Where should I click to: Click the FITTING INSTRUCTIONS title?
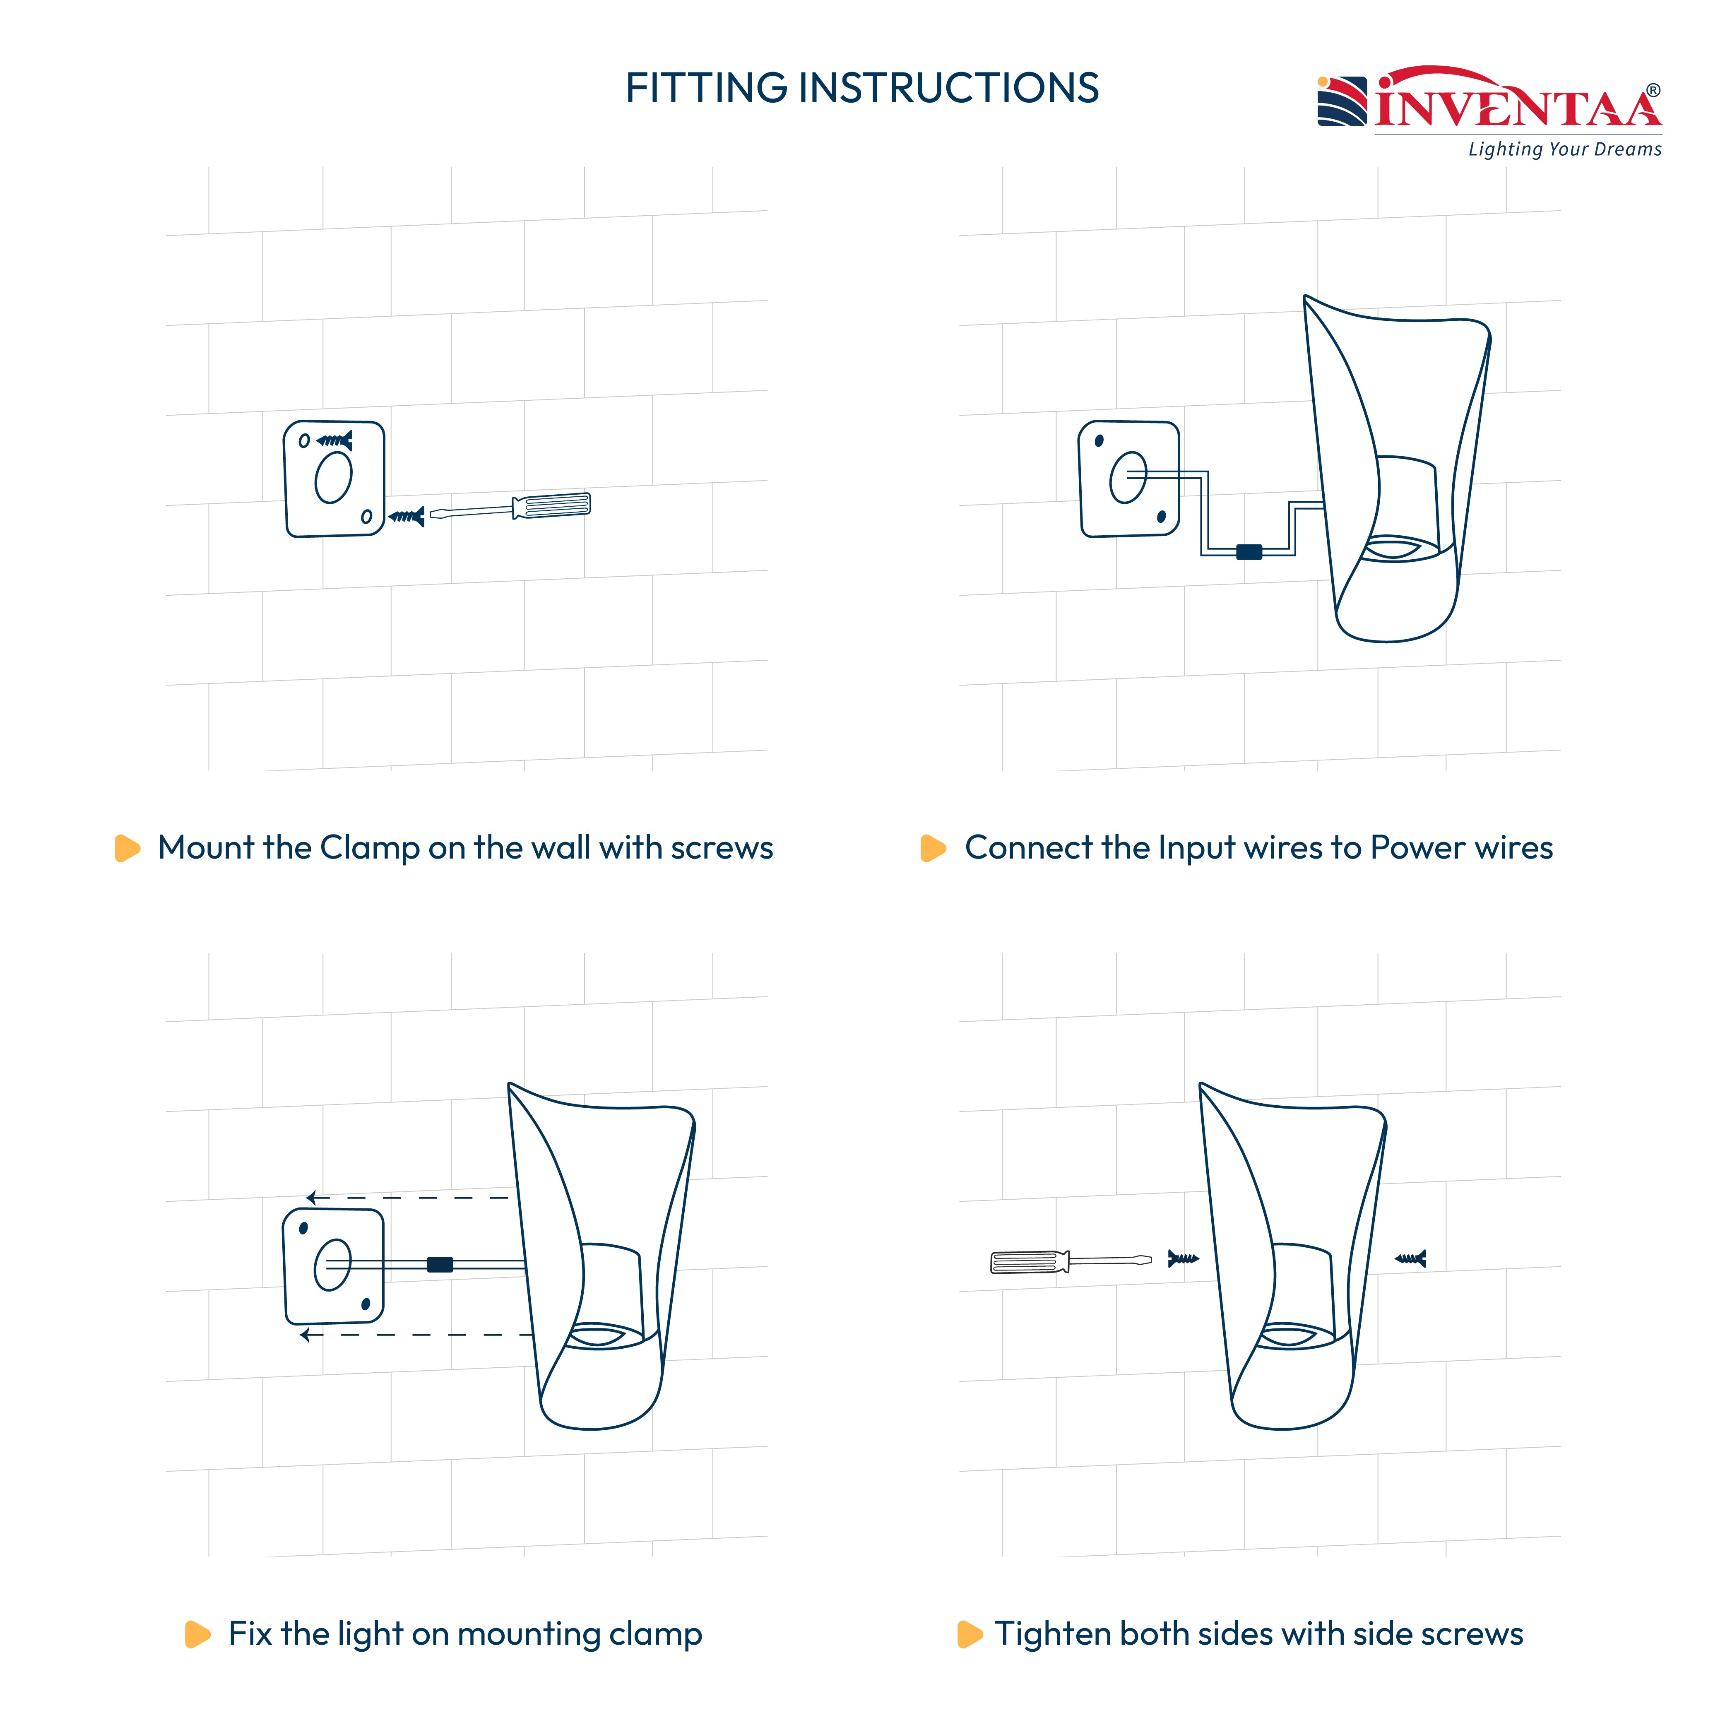coord(861,89)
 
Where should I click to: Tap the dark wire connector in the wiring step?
coord(1249,552)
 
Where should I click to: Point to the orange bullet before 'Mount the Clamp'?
coord(128,848)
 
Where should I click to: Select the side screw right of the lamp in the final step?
coord(1411,1259)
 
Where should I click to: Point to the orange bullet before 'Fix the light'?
coord(197,1634)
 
